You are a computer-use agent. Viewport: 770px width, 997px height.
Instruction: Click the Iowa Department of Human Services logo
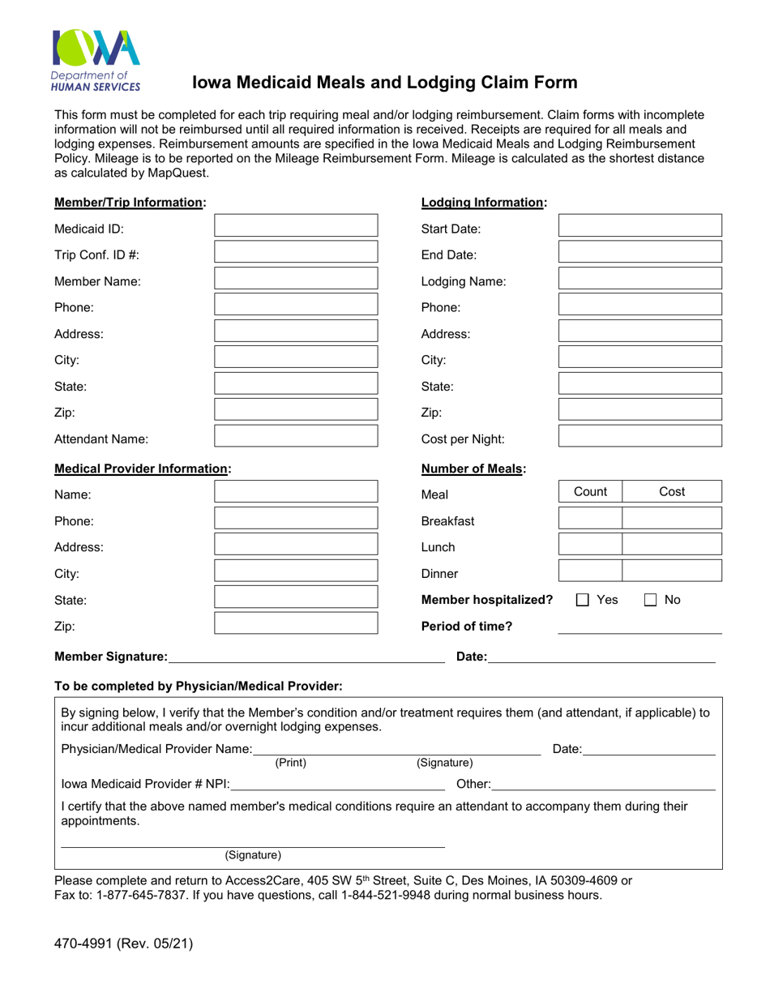(x=96, y=59)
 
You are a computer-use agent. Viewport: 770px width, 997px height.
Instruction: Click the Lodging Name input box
(x=640, y=280)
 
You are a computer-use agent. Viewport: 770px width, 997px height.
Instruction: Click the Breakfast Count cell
(x=589, y=519)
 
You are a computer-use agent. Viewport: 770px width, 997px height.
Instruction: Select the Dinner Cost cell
(x=671, y=571)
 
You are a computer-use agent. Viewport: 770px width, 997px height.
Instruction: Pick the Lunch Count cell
(x=589, y=545)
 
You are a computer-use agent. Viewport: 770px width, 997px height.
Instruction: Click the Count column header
(x=590, y=492)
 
